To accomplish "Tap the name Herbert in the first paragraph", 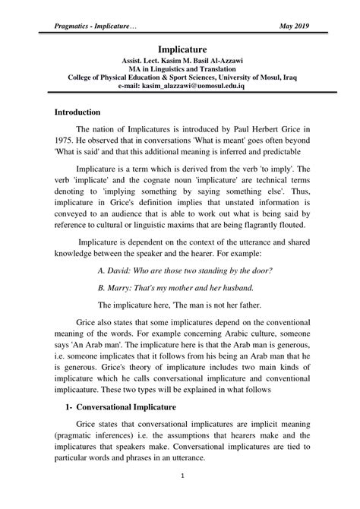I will pos(244,131).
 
